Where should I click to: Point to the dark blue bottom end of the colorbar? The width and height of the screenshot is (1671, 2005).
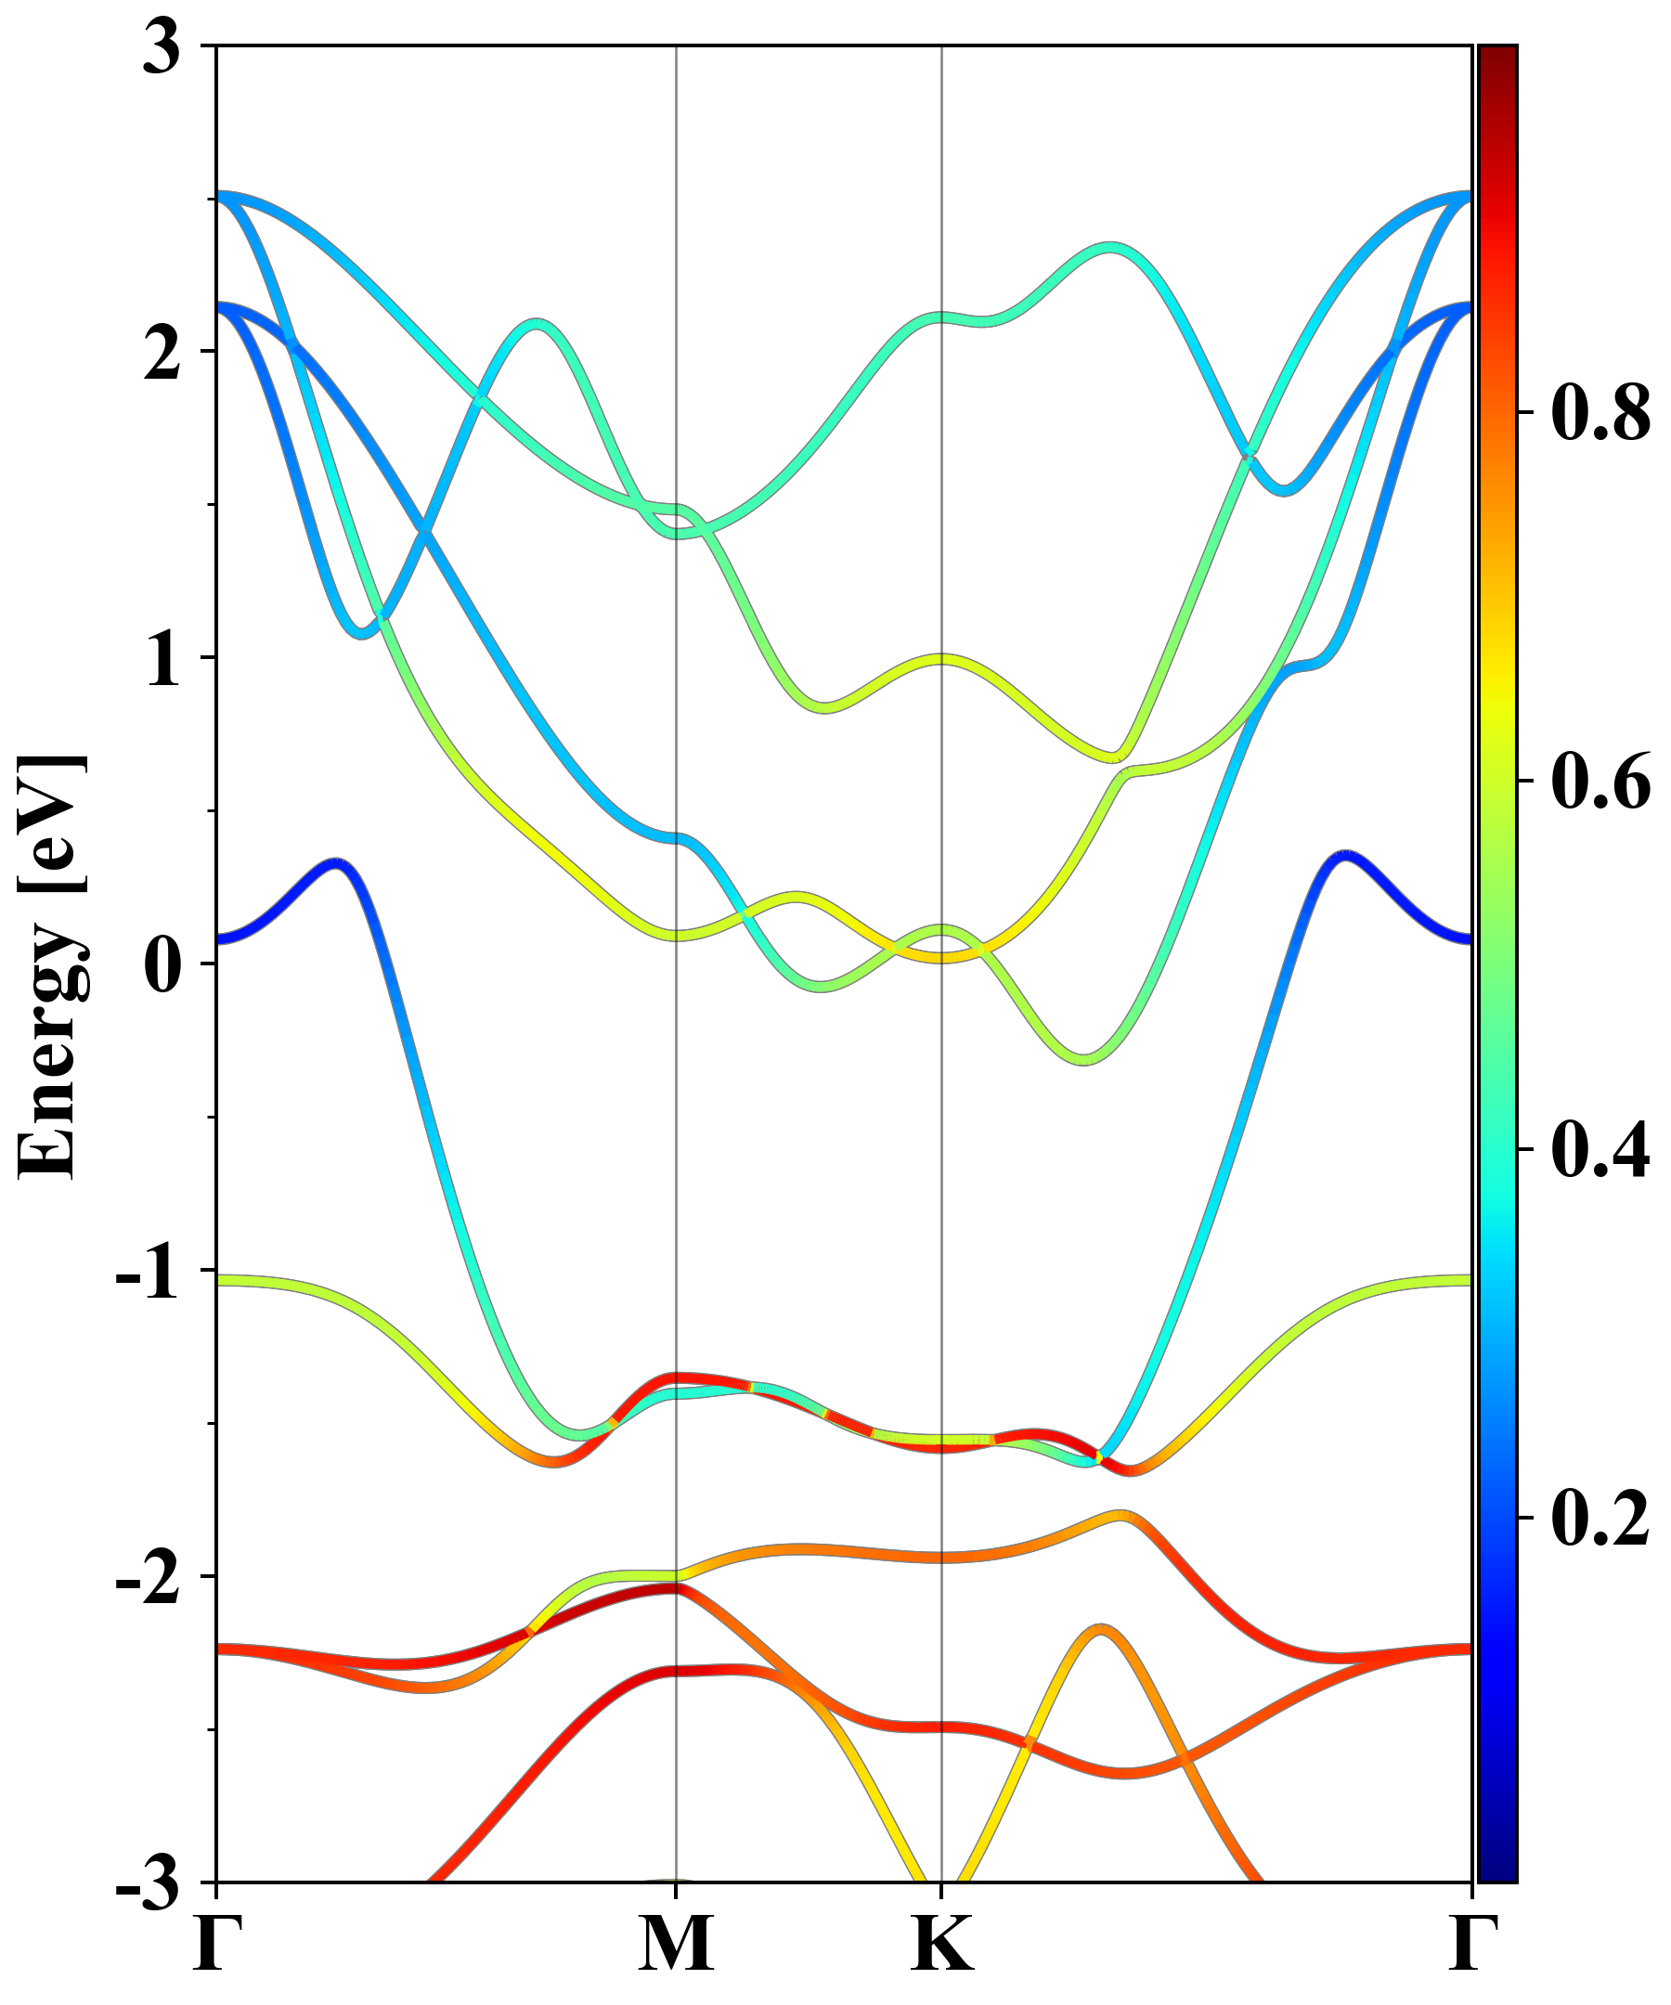(x=1497, y=1873)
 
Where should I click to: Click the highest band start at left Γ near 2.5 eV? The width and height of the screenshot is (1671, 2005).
(x=222, y=196)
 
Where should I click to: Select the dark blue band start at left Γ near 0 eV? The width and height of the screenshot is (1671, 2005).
(x=222, y=939)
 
